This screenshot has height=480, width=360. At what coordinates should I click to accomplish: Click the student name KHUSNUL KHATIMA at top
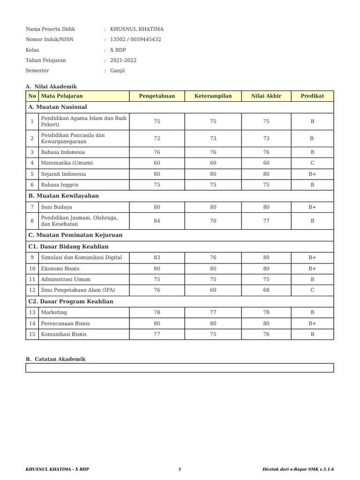(x=136, y=29)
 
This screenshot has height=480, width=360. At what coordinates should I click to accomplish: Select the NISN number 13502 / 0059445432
(x=135, y=39)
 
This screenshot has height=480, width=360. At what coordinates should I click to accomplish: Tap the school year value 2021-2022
(x=123, y=60)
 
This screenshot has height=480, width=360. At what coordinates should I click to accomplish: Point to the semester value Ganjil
(x=117, y=71)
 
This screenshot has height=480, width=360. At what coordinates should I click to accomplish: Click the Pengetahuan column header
(x=157, y=96)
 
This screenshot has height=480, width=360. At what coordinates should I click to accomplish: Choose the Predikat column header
(x=312, y=96)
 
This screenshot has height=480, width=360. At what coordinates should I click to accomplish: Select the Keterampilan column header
(x=213, y=96)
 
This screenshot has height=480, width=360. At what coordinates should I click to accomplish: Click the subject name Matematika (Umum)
(x=67, y=163)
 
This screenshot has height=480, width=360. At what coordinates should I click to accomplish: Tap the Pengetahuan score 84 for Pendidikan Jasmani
(x=157, y=221)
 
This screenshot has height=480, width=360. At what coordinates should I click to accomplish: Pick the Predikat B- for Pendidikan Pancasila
(x=312, y=138)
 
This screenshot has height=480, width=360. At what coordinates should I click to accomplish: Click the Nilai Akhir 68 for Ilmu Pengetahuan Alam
(x=266, y=290)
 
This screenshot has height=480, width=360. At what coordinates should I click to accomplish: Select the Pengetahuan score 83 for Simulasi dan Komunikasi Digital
(x=157, y=257)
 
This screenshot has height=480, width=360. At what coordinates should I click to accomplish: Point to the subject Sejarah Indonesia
(x=63, y=174)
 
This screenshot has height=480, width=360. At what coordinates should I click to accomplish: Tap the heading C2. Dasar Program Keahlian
(x=71, y=301)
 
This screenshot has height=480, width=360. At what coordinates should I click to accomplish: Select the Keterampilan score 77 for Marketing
(x=213, y=313)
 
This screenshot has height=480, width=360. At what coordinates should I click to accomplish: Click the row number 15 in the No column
(x=32, y=334)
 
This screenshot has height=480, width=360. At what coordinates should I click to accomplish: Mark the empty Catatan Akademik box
(x=180, y=368)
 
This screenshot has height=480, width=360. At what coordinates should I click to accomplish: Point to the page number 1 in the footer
(x=180, y=469)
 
